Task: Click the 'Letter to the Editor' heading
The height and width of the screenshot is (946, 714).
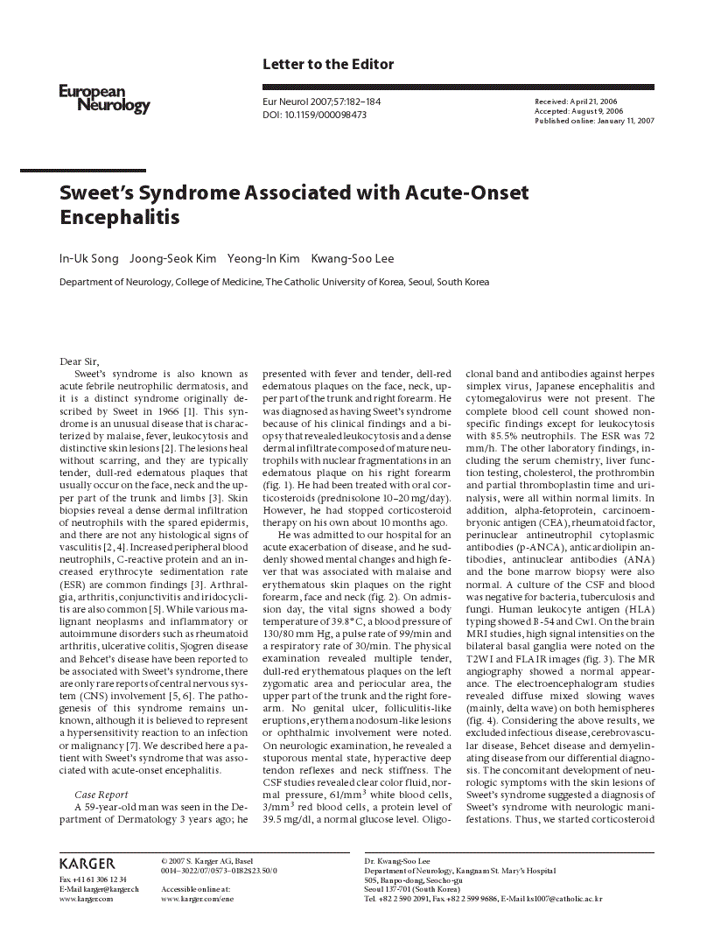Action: click(x=328, y=64)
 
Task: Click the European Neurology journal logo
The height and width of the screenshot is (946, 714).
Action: click(x=104, y=99)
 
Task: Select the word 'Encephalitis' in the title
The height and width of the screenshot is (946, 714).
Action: click(x=119, y=216)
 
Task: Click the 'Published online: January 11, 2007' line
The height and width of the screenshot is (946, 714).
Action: click(x=594, y=121)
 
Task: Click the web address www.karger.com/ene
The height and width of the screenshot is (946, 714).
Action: click(x=197, y=899)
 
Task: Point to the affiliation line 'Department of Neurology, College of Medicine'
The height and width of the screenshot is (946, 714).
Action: click(x=274, y=283)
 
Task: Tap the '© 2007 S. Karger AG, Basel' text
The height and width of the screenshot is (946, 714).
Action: click(x=206, y=861)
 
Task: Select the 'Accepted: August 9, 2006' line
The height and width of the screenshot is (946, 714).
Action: click(x=578, y=111)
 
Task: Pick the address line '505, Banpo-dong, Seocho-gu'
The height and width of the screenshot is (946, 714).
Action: click(x=416, y=879)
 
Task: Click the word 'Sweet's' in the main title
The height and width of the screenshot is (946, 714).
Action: click(x=98, y=192)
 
